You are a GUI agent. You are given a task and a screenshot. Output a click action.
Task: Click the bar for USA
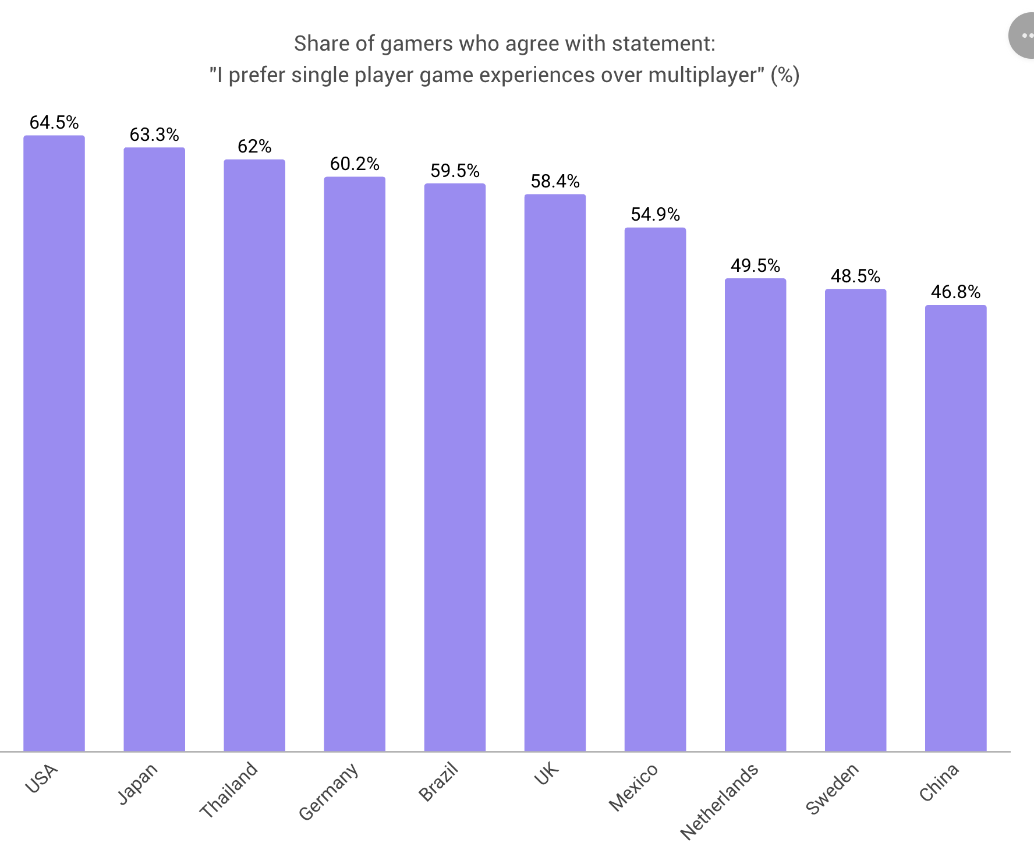coord(54,444)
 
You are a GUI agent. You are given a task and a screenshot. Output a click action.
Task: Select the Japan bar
coord(154,449)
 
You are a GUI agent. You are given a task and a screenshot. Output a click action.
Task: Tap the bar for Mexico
coord(655,490)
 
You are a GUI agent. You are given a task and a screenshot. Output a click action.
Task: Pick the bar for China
coord(955,529)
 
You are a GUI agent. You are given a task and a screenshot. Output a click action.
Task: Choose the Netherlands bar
coord(755,515)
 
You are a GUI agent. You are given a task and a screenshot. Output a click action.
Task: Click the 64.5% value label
coord(54,122)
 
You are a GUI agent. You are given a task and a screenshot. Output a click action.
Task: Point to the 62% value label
coord(254,146)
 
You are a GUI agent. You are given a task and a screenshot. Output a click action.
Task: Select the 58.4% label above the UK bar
coord(555,181)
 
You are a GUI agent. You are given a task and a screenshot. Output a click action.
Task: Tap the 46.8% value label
coord(955,292)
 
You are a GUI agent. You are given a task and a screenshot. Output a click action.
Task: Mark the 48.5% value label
coord(855,276)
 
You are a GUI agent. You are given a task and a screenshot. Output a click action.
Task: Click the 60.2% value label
coord(355,164)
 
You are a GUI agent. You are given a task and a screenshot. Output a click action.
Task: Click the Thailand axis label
coord(228,789)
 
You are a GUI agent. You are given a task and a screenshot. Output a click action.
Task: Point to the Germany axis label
coord(328,791)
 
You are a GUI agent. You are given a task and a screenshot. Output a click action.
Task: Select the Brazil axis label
coord(438,782)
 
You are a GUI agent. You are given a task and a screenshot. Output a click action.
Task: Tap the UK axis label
coord(546,774)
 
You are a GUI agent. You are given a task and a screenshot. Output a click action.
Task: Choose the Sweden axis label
coord(832,788)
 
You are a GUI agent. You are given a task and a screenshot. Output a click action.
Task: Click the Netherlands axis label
coord(719,801)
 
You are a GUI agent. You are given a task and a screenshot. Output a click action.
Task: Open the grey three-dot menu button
coord(1023,36)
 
